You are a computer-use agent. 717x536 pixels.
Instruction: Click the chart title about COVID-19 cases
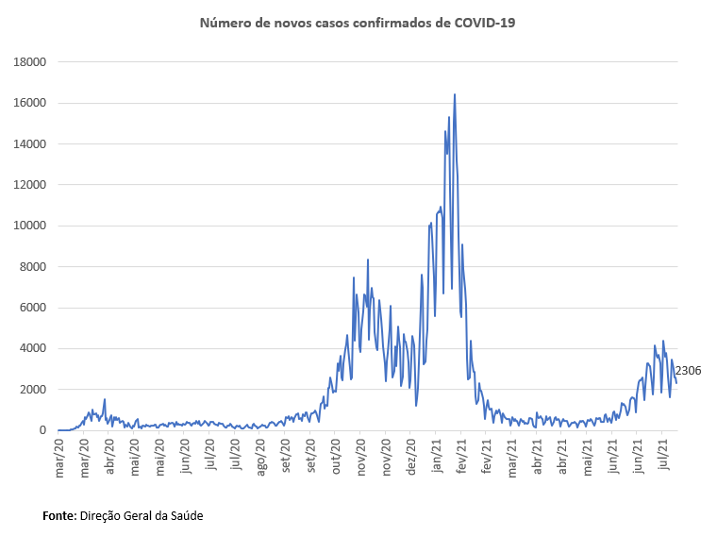(359, 22)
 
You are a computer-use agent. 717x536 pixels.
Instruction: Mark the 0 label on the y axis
(42, 430)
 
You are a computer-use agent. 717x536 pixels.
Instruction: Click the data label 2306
(688, 371)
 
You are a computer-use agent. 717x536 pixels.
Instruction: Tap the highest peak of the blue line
(455, 94)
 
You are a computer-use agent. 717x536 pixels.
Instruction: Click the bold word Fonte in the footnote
(60, 516)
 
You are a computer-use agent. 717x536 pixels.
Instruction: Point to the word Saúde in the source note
(183, 516)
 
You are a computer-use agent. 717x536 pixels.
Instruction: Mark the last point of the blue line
(676, 382)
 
